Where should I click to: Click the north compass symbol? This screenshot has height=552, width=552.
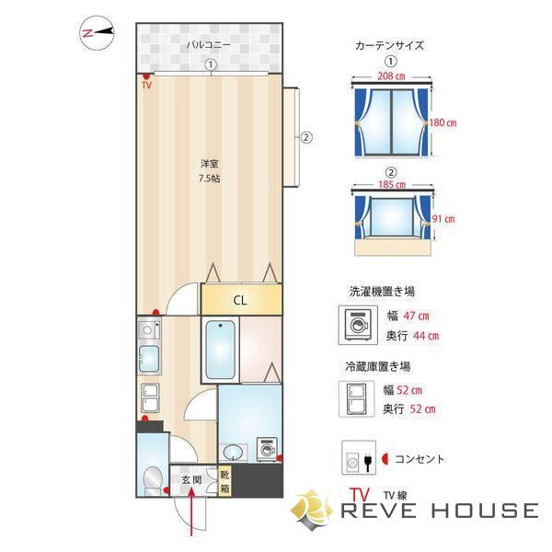click(x=97, y=33)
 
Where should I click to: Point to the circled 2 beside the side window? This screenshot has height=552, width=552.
click(x=307, y=138)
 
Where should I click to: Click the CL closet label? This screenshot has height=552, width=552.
click(x=239, y=300)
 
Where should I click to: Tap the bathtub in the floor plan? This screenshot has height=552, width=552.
click(x=221, y=350)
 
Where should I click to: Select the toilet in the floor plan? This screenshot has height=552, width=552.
click(x=153, y=478)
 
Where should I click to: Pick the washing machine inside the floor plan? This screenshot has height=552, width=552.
click(x=268, y=447)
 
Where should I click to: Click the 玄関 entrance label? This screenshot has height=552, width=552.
click(x=190, y=480)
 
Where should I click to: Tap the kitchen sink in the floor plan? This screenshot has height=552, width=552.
click(x=147, y=360)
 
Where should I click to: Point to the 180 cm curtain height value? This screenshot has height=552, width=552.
click(x=443, y=122)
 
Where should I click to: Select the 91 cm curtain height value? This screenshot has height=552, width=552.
click(x=444, y=219)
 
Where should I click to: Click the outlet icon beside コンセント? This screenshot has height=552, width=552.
click(x=354, y=457)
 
